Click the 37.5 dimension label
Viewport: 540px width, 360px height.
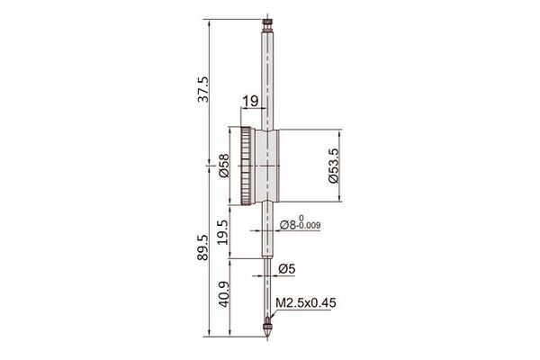202,89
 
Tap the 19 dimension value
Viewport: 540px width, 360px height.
250,102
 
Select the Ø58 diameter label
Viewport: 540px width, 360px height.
224,166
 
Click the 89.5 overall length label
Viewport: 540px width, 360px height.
202,247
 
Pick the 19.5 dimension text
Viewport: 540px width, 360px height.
223,232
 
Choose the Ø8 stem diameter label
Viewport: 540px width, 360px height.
288,225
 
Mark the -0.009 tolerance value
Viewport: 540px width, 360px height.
310,226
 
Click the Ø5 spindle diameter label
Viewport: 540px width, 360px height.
287,269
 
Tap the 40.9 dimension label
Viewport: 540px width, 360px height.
224,294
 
